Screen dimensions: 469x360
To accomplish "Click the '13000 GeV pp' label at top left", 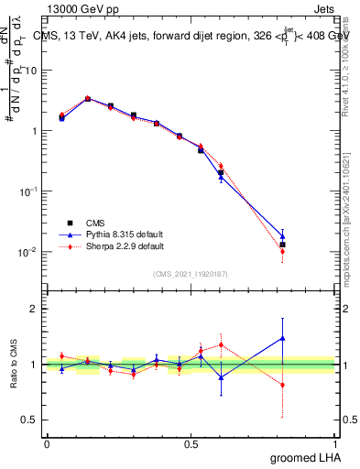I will point(80,9).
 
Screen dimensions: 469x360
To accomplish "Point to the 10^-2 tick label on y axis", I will point(27,251).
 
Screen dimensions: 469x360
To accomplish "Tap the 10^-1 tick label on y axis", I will point(27,191).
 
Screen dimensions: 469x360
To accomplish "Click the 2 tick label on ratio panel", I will point(35,310).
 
